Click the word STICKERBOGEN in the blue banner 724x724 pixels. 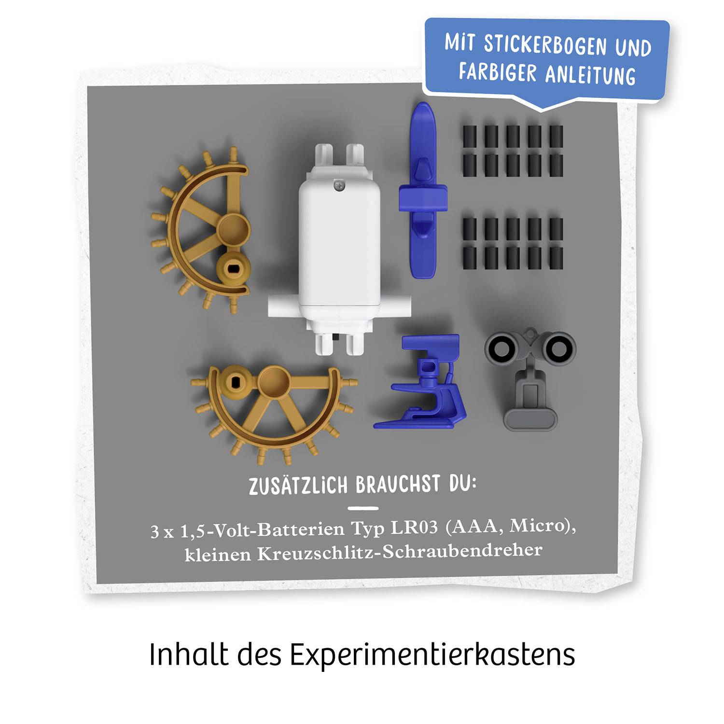click(545, 44)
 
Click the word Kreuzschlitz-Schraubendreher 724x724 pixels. click(399, 552)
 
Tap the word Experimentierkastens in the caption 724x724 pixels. click(432, 655)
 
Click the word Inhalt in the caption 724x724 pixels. click(189, 655)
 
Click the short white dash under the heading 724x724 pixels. click(362, 508)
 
